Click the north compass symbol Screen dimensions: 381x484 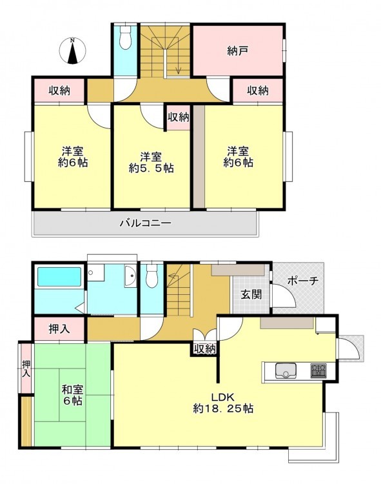tap(72, 50)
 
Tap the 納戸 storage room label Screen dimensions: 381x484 tap(238, 50)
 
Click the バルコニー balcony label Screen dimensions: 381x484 tap(145, 223)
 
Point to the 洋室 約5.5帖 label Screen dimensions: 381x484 tap(151, 163)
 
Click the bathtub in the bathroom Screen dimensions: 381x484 tap(59, 277)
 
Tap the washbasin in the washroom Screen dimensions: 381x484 tap(131, 276)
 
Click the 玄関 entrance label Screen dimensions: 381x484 tap(251, 294)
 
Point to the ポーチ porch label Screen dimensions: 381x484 tap(302, 281)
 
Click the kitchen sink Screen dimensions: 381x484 tap(286, 370)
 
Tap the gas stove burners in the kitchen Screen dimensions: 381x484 tap(318, 370)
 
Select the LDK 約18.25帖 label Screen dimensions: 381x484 tap(223, 403)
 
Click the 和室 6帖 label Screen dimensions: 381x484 tap(72, 395)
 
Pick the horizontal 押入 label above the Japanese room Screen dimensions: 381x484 tap(59, 329)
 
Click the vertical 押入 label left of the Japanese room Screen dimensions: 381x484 tap(26, 369)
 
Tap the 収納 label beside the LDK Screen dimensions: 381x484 tap(204, 349)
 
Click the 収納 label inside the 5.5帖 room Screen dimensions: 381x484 tap(178, 117)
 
